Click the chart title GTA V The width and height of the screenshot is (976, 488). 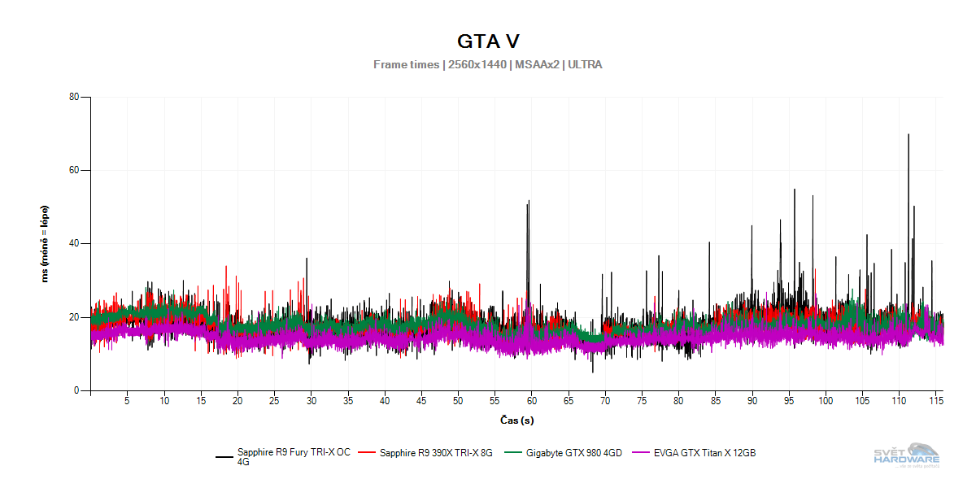point(488,41)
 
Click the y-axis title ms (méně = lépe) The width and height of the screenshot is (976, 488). point(45,243)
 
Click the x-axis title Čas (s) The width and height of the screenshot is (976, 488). point(516,420)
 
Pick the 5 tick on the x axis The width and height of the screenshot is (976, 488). point(127,401)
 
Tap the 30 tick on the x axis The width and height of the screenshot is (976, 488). point(311,401)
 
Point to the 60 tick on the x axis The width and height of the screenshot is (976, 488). point(531,401)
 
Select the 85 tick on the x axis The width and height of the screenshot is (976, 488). point(715,401)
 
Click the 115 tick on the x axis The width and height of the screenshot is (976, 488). point(935,401)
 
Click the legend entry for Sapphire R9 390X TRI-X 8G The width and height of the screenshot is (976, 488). point(436,453)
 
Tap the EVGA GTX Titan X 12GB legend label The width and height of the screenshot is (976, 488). point(704,453)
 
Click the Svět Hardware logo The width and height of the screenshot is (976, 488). point(906,454)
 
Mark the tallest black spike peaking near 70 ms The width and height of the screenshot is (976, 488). point(908,136)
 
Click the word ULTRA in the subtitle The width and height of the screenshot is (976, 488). point(586,64)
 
